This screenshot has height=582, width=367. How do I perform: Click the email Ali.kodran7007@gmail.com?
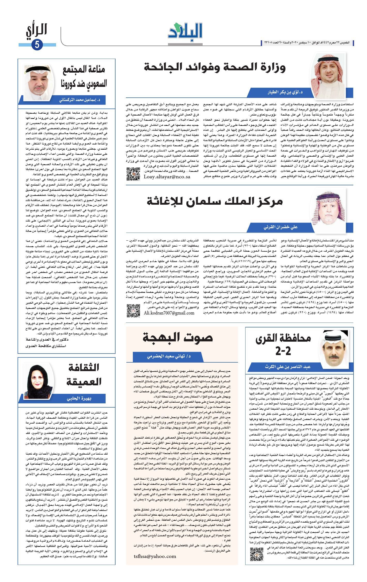pos(169,313)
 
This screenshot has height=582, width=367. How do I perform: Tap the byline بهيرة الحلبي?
pos(82,399)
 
